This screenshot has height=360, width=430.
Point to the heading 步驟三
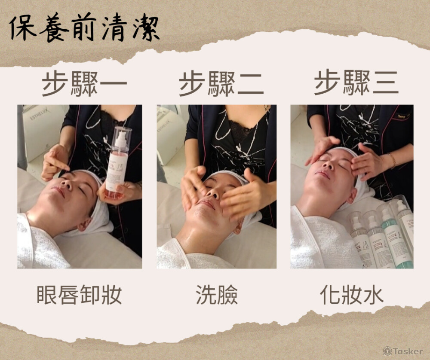(356, 82)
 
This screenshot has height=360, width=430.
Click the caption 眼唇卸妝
(80, 295)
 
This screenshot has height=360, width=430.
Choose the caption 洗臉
(217, 295)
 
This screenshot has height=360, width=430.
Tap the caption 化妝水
(352, 295)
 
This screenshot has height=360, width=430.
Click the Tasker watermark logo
(403, 351)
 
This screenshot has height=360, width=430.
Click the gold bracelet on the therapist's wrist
(392, 161)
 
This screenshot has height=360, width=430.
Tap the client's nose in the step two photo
(213, 193)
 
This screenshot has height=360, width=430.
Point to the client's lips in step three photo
(322, 174)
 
